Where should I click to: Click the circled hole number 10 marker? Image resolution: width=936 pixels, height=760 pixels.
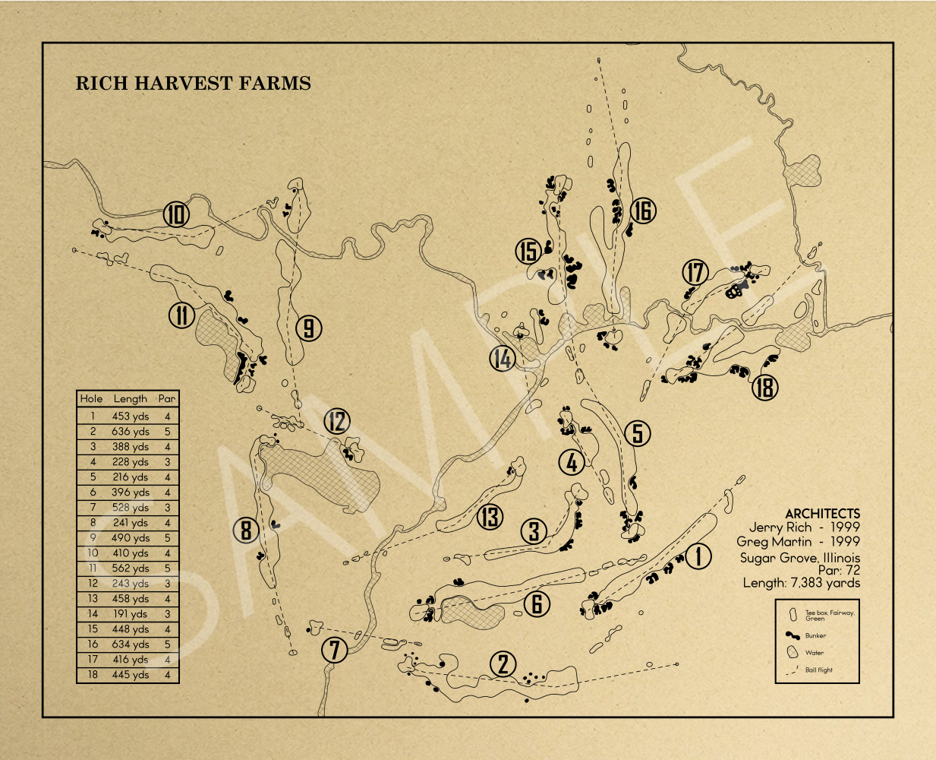tap(176, 214)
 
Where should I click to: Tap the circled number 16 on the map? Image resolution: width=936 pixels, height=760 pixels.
tap(643, 211)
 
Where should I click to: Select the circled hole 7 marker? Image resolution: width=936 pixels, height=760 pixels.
tap(335, 650)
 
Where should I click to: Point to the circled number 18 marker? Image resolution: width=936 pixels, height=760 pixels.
tap(765, 388)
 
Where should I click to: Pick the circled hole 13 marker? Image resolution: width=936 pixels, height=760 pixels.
tap(490, 517)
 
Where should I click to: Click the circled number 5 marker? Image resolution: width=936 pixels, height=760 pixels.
tap(637, 433)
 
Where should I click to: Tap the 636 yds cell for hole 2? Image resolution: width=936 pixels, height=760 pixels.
tap(131, 432)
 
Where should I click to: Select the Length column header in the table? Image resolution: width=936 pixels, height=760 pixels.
tap(131, 399)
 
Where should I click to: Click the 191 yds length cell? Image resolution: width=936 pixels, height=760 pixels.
tap(131, 614)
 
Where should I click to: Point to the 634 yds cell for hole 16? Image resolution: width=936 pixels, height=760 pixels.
tap(131, 644)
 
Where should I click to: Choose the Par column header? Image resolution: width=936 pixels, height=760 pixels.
tap(167, 398)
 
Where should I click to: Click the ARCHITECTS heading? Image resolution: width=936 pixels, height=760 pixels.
tap(823, 513)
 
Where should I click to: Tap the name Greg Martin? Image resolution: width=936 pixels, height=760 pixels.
tap(774, 541)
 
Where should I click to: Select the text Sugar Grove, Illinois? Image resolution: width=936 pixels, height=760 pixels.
tap(800, 558)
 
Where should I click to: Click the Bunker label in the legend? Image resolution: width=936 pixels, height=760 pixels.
tap(815, 635)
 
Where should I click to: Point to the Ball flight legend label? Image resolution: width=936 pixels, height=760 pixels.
tap(819, 670)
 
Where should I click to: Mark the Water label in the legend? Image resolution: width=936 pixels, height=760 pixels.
tap(815, 653)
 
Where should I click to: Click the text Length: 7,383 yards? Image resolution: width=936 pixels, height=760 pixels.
tap(802, 583)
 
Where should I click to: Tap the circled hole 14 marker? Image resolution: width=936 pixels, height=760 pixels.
tap(503, 358)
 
